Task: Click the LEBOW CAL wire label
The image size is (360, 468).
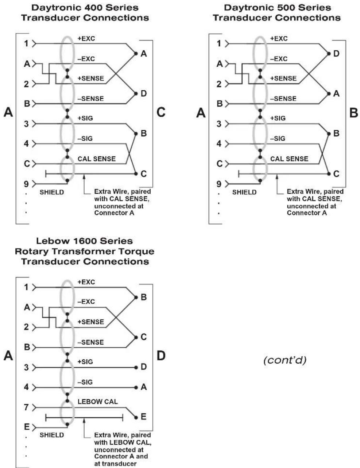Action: [x=98, y=401]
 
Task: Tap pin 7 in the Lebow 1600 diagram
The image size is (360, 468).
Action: [x=26, y=407]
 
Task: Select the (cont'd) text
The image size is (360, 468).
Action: [x=285, y=360]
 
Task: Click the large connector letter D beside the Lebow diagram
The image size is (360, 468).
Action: [x=161, y=356]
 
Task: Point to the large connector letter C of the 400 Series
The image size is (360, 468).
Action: [x=161, y=112]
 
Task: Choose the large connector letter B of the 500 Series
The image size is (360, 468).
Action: [x=353, y=112]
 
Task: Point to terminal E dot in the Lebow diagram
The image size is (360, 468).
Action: [x=136, y=418]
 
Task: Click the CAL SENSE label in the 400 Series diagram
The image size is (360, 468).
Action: [x=97, y=159]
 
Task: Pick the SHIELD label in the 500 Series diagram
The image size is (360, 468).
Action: [x=244, y=192]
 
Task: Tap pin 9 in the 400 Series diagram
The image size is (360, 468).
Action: [x=26, y=184]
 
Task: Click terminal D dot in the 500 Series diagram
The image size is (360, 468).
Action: [x=329, y=54]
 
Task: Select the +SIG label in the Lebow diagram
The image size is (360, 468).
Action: [x=85, y=362]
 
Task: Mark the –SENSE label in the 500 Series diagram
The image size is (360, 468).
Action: [x=283, y=99]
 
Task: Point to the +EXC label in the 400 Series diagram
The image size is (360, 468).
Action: [x=86, y=39]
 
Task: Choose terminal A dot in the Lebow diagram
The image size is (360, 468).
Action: [x=136, y=387]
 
